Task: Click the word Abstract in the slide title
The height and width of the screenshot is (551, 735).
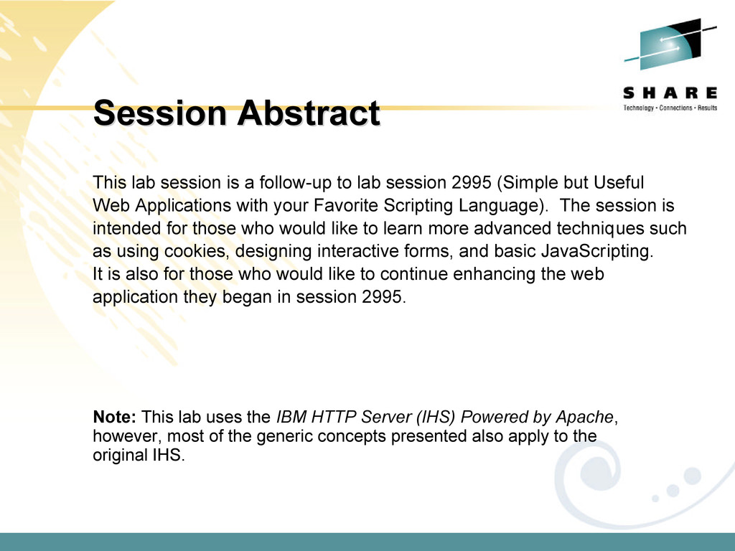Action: tap(308, 113)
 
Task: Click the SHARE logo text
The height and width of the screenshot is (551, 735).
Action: tap(670, 93)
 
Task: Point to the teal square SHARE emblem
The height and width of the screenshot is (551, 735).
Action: tap(670, 44)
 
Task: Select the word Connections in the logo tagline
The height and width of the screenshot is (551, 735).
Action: tap(675, 108)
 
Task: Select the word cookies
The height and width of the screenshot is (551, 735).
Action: tap(197, 252)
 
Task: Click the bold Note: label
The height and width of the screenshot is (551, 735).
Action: tap(114, 417)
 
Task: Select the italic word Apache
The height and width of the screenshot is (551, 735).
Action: tap(584, 417)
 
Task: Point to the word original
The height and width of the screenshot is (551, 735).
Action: tap(120, 456)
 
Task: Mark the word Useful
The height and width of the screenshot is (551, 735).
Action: tap(619, 182)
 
